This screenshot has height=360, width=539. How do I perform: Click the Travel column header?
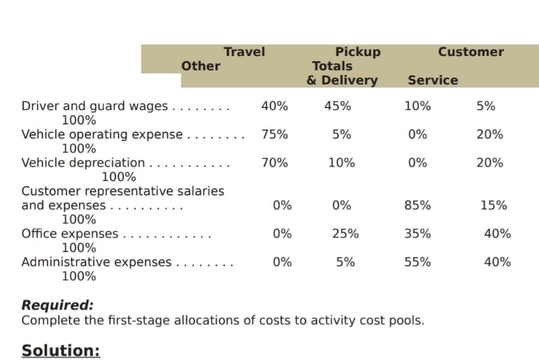pyautogui.click(x=244, y=52)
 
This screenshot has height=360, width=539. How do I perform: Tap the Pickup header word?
pyautogui.click(x=357, y=52)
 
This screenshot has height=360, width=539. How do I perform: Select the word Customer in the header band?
pyautogui.click(x=471, y=52)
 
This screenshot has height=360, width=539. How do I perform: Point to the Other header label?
pyautogui.click(x=200, y=66)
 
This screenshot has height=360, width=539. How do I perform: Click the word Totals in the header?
pyautogui.click(x=332, y=66)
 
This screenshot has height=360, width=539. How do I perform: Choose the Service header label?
pyautogui.click(x=433, y=80)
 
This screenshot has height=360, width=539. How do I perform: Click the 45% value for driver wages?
pyautogui.click(x=338, y=106)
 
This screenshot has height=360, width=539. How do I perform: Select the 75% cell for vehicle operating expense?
pyautogui.click(x=275, y=135)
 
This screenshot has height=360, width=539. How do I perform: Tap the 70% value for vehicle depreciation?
pyautogui.click(x=275, y=163)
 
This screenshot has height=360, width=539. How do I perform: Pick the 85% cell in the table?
pyautogui.click(x=417, y=206)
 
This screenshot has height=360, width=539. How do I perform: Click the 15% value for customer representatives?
pyautogui.click(x=493, y=206)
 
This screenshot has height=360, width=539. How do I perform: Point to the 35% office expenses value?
pyautogui.click(x=417, y=234)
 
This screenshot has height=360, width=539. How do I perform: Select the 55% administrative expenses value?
pyautogui.click(x=417, y=262)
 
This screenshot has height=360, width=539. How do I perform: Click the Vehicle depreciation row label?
pyautogui.click(x=83, y=163)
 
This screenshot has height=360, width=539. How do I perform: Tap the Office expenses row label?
pyautogui.click(x=70, y=234)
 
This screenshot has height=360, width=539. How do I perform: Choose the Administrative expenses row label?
pyautogui.click(x=96, y=262)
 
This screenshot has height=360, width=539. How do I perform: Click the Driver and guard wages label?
pyautogui.click(x=94, y=106)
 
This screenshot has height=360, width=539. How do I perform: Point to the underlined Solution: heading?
pyautogui.click(x=61, y=350)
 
